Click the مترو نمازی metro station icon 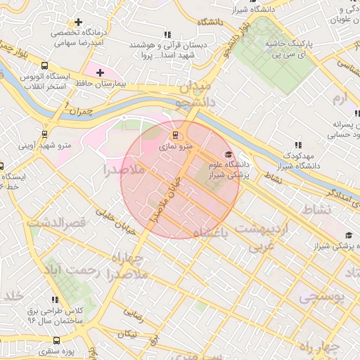coord(175,134)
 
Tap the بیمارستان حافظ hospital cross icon coord(100,72)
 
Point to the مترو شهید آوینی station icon coord(45,133)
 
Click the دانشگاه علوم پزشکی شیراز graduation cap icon coord(227,155)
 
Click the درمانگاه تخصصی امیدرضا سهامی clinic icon coord(78,22)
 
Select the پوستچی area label coord(322,297)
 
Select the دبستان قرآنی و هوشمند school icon coord(167,34)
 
